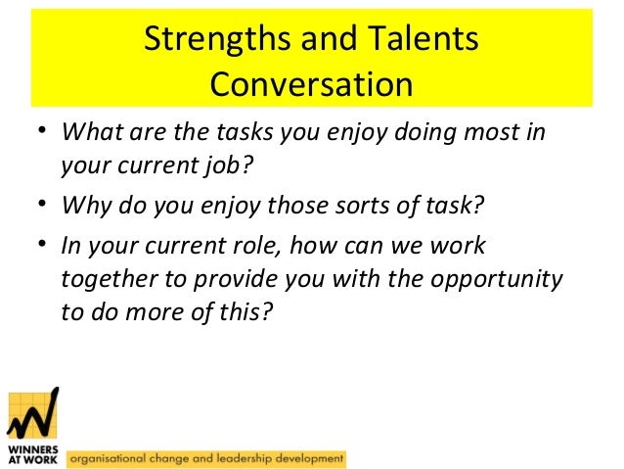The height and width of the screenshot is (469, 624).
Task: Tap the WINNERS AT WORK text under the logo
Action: coord(32,452)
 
